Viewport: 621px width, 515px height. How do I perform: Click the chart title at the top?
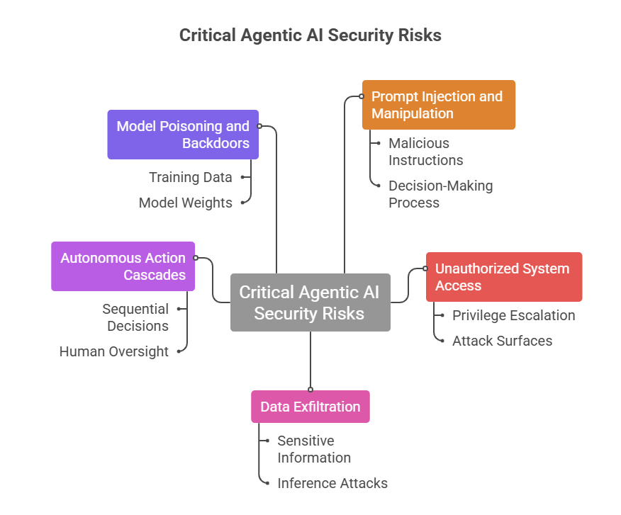pos(310,35)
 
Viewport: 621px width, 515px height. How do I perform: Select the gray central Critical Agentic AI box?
pos(310,302)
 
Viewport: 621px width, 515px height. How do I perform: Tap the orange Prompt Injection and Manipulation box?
pos(438,105)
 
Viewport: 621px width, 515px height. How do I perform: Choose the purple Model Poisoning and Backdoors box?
pos(183,135)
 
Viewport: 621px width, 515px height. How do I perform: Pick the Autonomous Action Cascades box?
pos(123,266)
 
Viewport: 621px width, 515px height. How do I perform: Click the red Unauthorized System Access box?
pos(504,277)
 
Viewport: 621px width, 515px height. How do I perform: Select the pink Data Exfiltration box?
pos(310,407)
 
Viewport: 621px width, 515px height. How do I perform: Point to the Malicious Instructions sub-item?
pos(425,152)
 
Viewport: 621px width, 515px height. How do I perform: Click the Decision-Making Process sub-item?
pos(440,194)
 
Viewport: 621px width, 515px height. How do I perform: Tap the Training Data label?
pos(190,177)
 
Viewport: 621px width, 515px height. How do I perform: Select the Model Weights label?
pos(185,203)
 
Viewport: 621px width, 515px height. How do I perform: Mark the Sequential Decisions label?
pos(135,317)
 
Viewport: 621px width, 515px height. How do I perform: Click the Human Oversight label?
pos(113,351)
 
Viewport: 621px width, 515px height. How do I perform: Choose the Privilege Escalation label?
pos(513,315)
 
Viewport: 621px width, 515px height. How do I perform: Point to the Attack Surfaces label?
pos(502,341)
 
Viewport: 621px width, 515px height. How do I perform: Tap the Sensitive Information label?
pos(314,449)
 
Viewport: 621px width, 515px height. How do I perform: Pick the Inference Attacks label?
pos(332,483)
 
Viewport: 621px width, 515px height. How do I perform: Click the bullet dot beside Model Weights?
pos(242,203)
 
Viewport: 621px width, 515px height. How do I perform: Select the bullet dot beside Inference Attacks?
pos(267,483)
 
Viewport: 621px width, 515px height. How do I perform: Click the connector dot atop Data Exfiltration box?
pos(310,390)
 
